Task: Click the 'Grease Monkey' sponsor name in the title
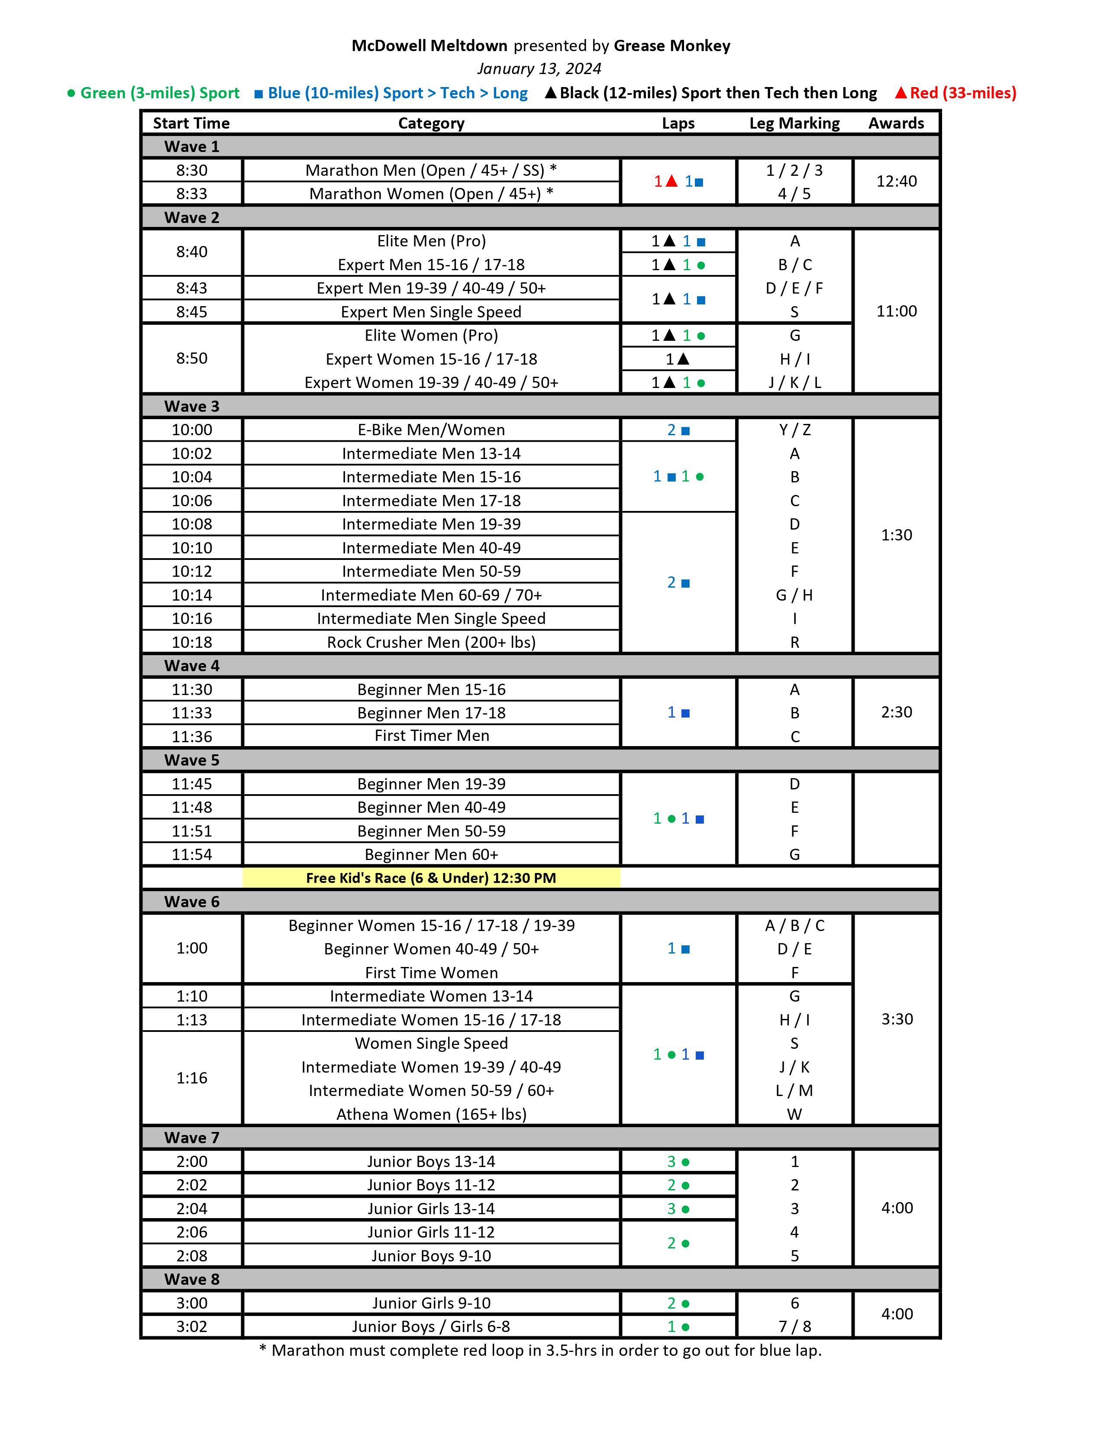tap(671, 46)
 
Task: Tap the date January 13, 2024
tap(539, 69)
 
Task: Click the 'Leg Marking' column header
tap(794, 123)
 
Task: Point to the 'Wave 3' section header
tap(192, 406)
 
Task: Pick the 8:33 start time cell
tap(192, 194)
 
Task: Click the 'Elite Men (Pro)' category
tap(431, 241)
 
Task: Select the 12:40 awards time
tap(896, 181)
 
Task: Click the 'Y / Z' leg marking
tap(794, 430)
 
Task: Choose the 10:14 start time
tap(192, 595)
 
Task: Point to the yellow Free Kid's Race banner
tap(431, 878)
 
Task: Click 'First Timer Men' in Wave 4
tap(431, 736)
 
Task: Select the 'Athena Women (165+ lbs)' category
tap(431, 1114)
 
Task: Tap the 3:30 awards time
tap(896, 1019)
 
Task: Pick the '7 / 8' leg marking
tap(794, 1326)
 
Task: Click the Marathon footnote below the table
tap(540, 1351)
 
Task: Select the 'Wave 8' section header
tap(192, 1279)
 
